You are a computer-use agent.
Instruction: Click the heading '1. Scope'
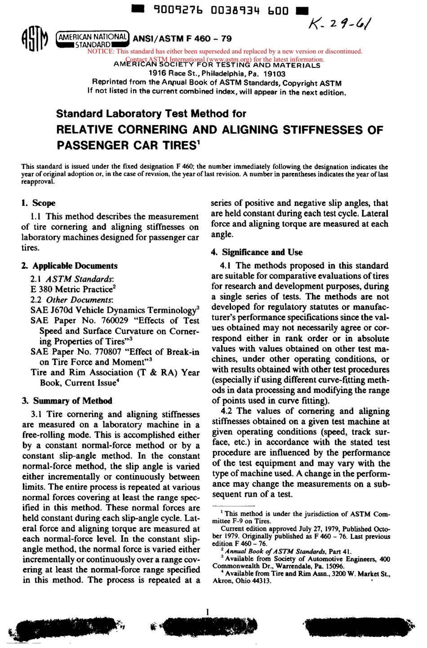[39, 203]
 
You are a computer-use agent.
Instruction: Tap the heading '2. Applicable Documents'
[70, 266]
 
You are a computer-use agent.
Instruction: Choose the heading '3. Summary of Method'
[67, 401]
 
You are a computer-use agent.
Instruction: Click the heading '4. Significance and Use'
[257, 252]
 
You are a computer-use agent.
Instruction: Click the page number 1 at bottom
[207, 612]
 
